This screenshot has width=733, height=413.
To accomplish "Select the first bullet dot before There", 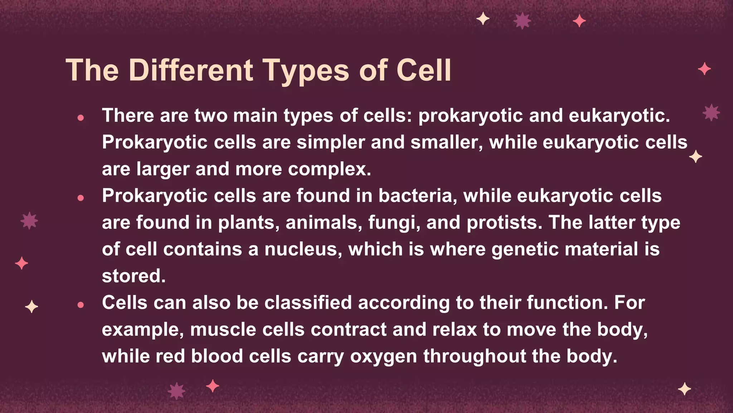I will [81, 118].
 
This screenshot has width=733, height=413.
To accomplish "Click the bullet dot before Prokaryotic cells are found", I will [81, 198].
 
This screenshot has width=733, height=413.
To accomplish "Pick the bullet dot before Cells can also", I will [81, 305].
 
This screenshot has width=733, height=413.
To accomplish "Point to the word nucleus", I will [303, 249].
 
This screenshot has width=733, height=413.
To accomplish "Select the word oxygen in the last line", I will [383, 357].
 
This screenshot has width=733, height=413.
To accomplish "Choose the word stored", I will [134, 276].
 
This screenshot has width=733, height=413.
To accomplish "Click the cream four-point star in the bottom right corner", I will [684, 389].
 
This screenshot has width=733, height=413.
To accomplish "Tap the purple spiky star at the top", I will [522, 21].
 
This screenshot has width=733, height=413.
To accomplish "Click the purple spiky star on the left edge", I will [29, 220].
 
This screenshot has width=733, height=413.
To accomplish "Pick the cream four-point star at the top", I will [483, 18].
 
